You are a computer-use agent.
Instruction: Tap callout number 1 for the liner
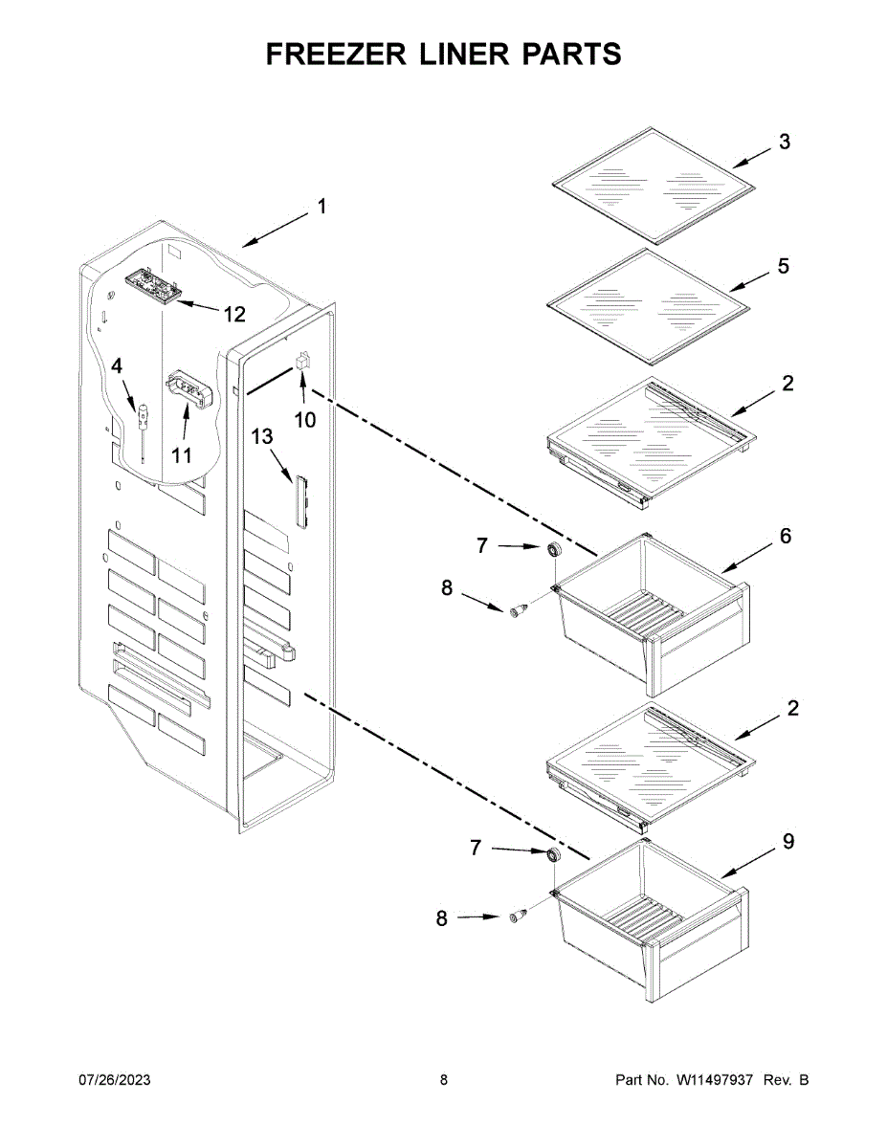(322, 206)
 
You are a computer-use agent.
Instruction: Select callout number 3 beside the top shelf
(784, 143)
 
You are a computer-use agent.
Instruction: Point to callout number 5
(784, 266)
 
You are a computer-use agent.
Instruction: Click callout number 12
(234, 313)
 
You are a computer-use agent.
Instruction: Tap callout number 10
(304, 419)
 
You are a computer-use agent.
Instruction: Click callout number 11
(182, 454)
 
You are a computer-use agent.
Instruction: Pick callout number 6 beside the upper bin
(785, 536)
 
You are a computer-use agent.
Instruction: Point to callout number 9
(787, 841)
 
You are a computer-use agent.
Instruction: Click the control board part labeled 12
(151, 285)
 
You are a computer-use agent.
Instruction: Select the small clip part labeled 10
(300, 362)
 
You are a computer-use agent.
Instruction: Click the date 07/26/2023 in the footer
(114, 1080)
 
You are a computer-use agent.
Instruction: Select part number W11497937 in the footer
(717, 1080)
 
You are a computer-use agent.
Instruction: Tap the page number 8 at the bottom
(444, 1080)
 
